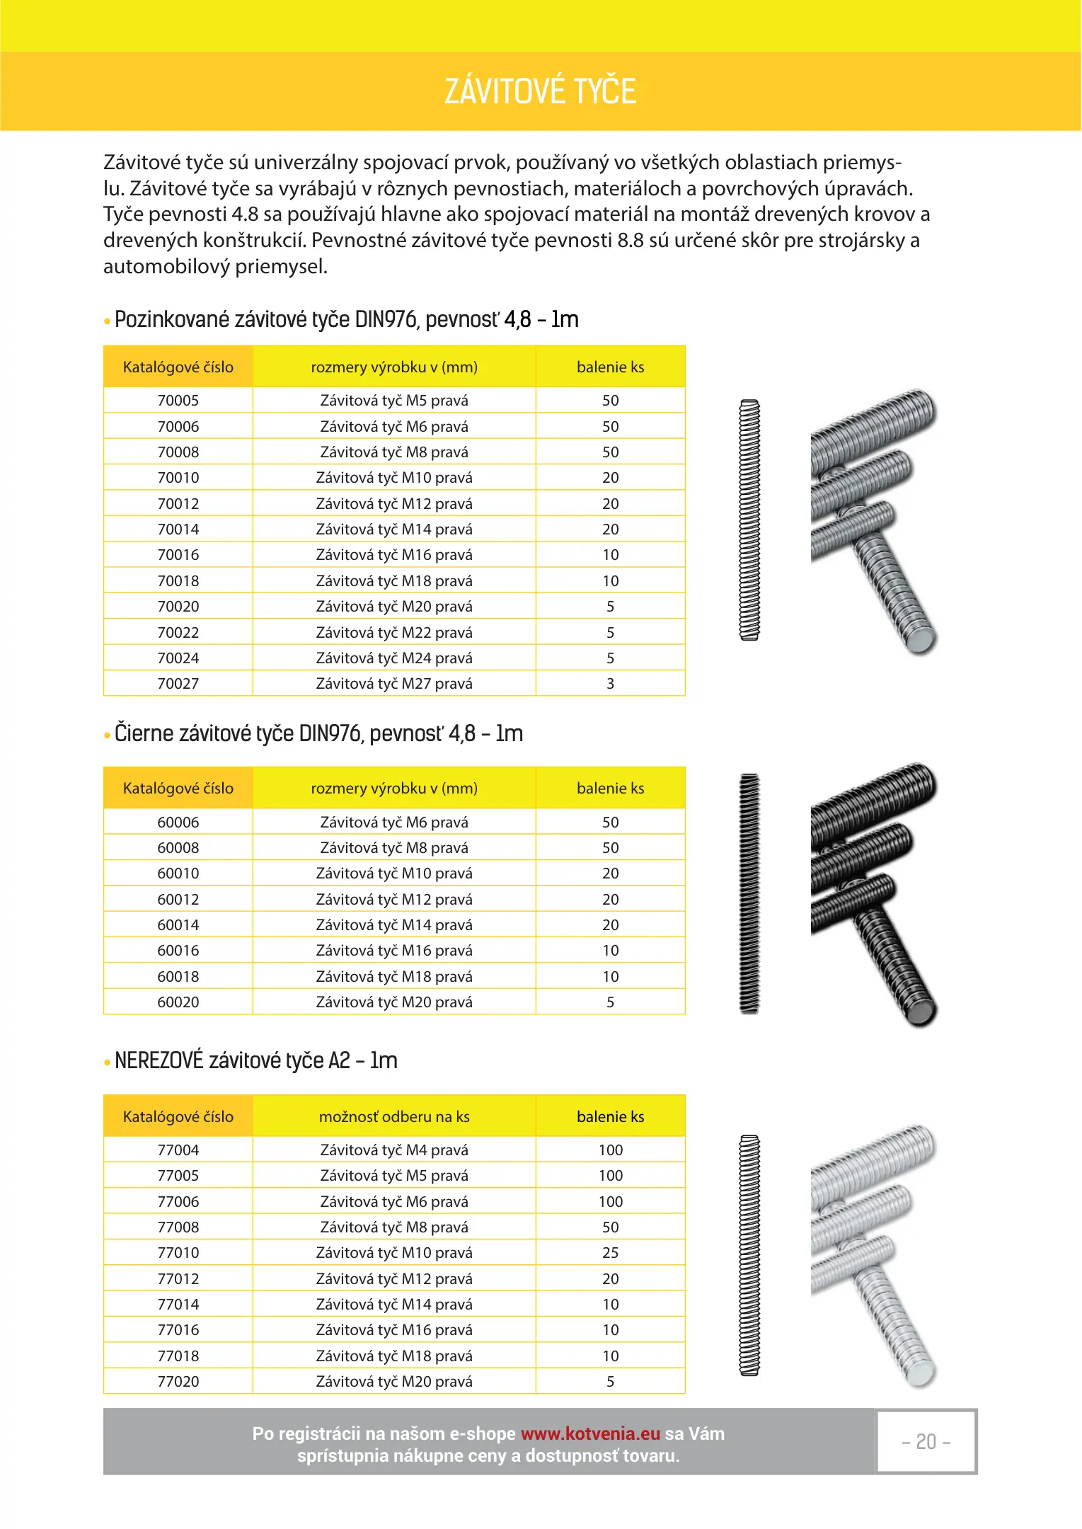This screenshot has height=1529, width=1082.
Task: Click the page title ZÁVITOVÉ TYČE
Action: pos(540,91)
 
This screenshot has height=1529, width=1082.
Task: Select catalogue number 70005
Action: pos(178,401)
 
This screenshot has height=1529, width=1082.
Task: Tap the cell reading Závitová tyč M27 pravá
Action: pos(394,684)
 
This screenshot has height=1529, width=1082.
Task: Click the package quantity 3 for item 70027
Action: pos(610,684)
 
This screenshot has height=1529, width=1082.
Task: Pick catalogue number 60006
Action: pos(178,823)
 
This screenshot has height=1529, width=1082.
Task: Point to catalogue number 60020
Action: pos(178,1002)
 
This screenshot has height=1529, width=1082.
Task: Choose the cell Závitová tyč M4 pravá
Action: pos(394,1150)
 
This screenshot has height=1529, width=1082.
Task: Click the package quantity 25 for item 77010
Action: pos(610,1253)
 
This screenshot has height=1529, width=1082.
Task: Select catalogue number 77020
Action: pos(178,1382)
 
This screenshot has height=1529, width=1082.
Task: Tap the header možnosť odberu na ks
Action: pos(394,1117)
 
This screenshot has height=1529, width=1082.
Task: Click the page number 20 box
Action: pos(926,1442)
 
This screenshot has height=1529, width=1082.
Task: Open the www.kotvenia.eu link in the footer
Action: pos(590,1434)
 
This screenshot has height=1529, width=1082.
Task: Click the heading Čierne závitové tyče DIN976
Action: pos(318,734)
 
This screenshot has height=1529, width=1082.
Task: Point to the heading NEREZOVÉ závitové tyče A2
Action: pos(255,1061)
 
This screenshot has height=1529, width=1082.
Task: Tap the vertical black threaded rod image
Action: pos(749,893)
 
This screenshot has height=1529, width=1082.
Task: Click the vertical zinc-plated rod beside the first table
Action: pos(749,520)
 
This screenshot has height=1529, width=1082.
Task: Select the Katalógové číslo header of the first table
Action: pos(178,367)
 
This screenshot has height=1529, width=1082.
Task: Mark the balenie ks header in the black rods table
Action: pos(610,789)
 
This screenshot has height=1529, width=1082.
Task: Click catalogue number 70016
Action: pos(178,555)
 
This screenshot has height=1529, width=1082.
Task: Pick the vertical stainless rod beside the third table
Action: pos(749,1256)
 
